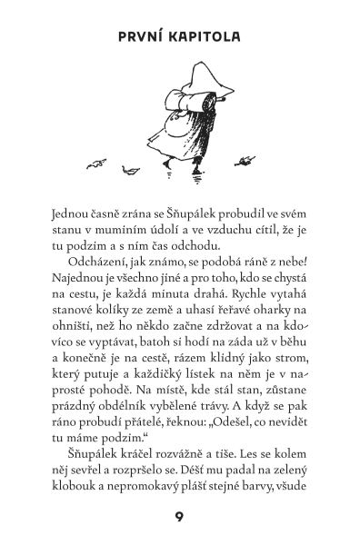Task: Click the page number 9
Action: click(180, 518)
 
